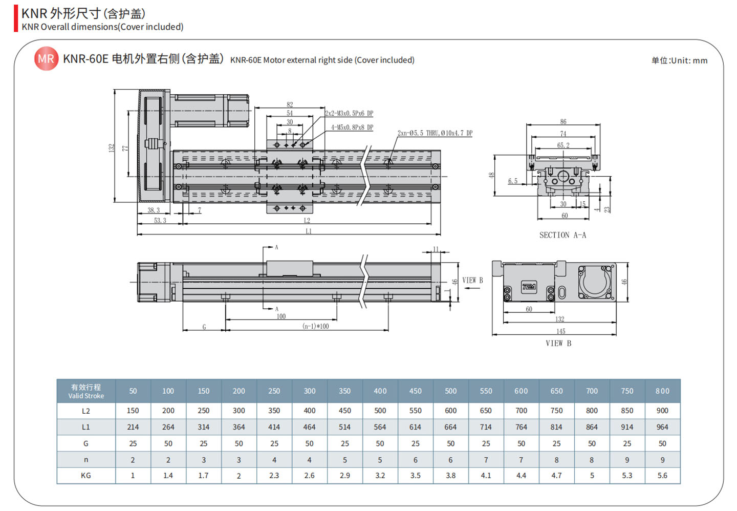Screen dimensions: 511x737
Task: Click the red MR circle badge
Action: point(46,59)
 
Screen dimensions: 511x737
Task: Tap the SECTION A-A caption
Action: point(562,235)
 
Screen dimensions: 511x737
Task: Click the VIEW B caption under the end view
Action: point(558,343)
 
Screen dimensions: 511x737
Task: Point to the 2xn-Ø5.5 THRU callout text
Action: point(435,133)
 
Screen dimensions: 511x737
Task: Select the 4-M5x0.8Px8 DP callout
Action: point(352,127)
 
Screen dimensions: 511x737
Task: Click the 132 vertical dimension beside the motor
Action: point(112,147)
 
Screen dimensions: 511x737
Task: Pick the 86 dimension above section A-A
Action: point(563,122)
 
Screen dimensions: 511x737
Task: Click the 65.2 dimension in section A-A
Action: point(563,145)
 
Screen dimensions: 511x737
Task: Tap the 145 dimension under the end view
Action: point(561,331)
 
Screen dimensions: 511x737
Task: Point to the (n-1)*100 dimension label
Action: point(315,326)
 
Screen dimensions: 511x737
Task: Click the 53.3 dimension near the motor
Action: point(160,221)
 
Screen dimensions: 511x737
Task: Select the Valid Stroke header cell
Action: point(86,391)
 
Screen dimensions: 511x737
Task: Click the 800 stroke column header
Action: point(662,391)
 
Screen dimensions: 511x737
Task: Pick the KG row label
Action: point(86,476)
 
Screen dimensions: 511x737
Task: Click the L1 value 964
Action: point(662,427)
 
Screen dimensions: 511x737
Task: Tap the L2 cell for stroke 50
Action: point(133,411)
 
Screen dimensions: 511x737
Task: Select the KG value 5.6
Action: point(662,476)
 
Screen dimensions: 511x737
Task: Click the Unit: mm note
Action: point(679,60)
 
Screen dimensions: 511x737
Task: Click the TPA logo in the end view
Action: point(529,287)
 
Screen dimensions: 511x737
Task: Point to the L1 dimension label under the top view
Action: point(309,231)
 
